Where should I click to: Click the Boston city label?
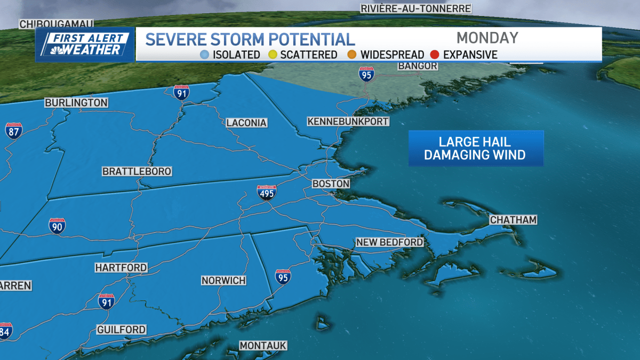[x=331, y=183]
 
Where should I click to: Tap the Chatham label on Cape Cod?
[x=513, y=220]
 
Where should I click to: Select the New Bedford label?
[x=389, y=242]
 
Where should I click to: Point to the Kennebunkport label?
[x=348, y=122]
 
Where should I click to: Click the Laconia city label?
[x=246, y=123]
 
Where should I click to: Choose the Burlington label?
[x=76, y=102]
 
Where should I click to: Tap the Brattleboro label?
[x=137, y=171]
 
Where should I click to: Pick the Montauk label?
[x=263, y=346]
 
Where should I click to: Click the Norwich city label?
[x=223, y=280]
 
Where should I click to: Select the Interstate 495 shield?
[x=267, y=192]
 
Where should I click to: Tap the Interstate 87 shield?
[x=14, y=131]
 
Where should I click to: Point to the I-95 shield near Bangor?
[x=366, y=75]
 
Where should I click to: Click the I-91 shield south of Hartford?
[x=106, y=301]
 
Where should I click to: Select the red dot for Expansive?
[x=435, y=54]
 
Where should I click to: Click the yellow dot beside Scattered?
[x=272, y=54]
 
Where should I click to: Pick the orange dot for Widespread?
[x=352, y=54]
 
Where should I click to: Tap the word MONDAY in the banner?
[x=487, y=38]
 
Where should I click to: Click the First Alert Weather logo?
[x=85, y=44]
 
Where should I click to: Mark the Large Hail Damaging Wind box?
[x=476, y=148]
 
